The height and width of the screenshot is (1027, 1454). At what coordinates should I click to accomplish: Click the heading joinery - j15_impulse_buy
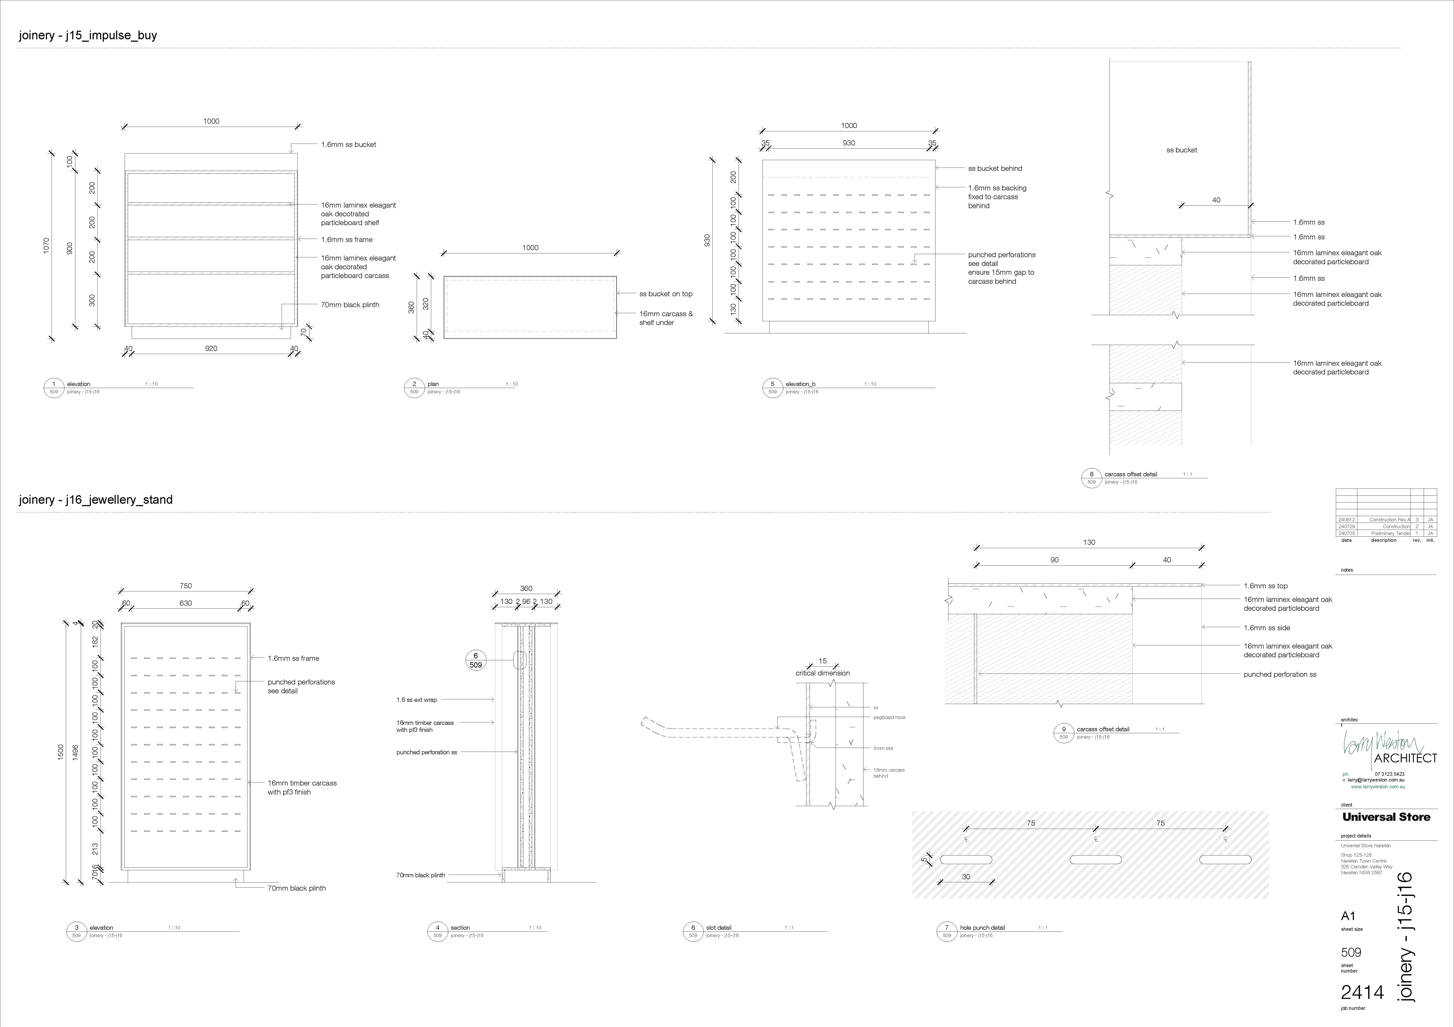(x=88, y=36)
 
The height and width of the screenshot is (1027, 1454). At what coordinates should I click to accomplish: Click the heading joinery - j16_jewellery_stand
(x=96, y=500)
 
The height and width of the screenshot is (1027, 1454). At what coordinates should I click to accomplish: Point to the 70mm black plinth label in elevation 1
(x=350, y=305)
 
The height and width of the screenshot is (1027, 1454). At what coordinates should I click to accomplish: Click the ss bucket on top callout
(x=666, y=294)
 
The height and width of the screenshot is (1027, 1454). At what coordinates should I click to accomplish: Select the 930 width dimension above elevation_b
(x=849, y=143)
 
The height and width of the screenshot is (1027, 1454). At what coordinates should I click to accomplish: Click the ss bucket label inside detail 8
(x=1181, y=150)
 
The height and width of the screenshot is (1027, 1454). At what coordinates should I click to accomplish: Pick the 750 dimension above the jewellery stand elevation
(x=186, y=586)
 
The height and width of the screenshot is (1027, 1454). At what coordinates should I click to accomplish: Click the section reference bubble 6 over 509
(x=476, y=660)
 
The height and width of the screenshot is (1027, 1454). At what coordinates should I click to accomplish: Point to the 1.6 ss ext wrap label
(x=417, y=700)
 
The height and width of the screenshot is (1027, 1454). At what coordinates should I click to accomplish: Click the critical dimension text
(x=823, y=673)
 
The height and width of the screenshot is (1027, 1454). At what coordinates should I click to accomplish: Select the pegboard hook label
(x=889, y=718)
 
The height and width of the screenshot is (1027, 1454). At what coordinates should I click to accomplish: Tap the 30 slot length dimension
(x=966, y=877)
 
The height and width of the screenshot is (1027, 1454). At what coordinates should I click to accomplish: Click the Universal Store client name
(x=1386, y=817)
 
